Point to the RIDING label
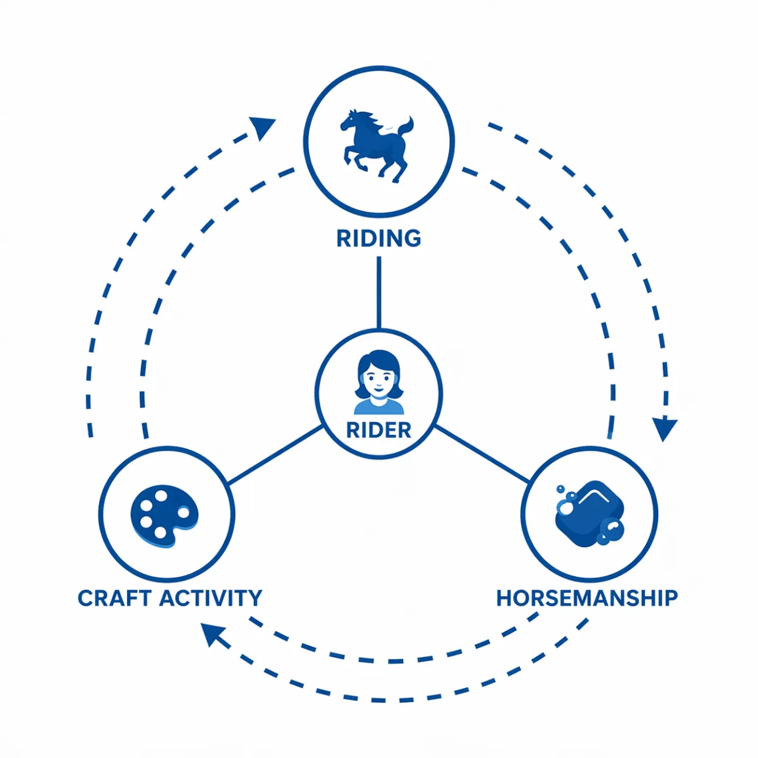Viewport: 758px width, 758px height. (x=378, y=239)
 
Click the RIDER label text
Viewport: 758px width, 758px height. (x=379, y=430)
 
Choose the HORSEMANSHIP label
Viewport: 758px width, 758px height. (x=587, y=598)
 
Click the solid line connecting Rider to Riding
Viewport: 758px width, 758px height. (x=378, y=292)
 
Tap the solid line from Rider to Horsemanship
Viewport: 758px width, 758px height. (x=481, y=454)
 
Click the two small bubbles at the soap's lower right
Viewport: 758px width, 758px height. (x=610, y=532)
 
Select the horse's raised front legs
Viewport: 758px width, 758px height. (x=352, y=157)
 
